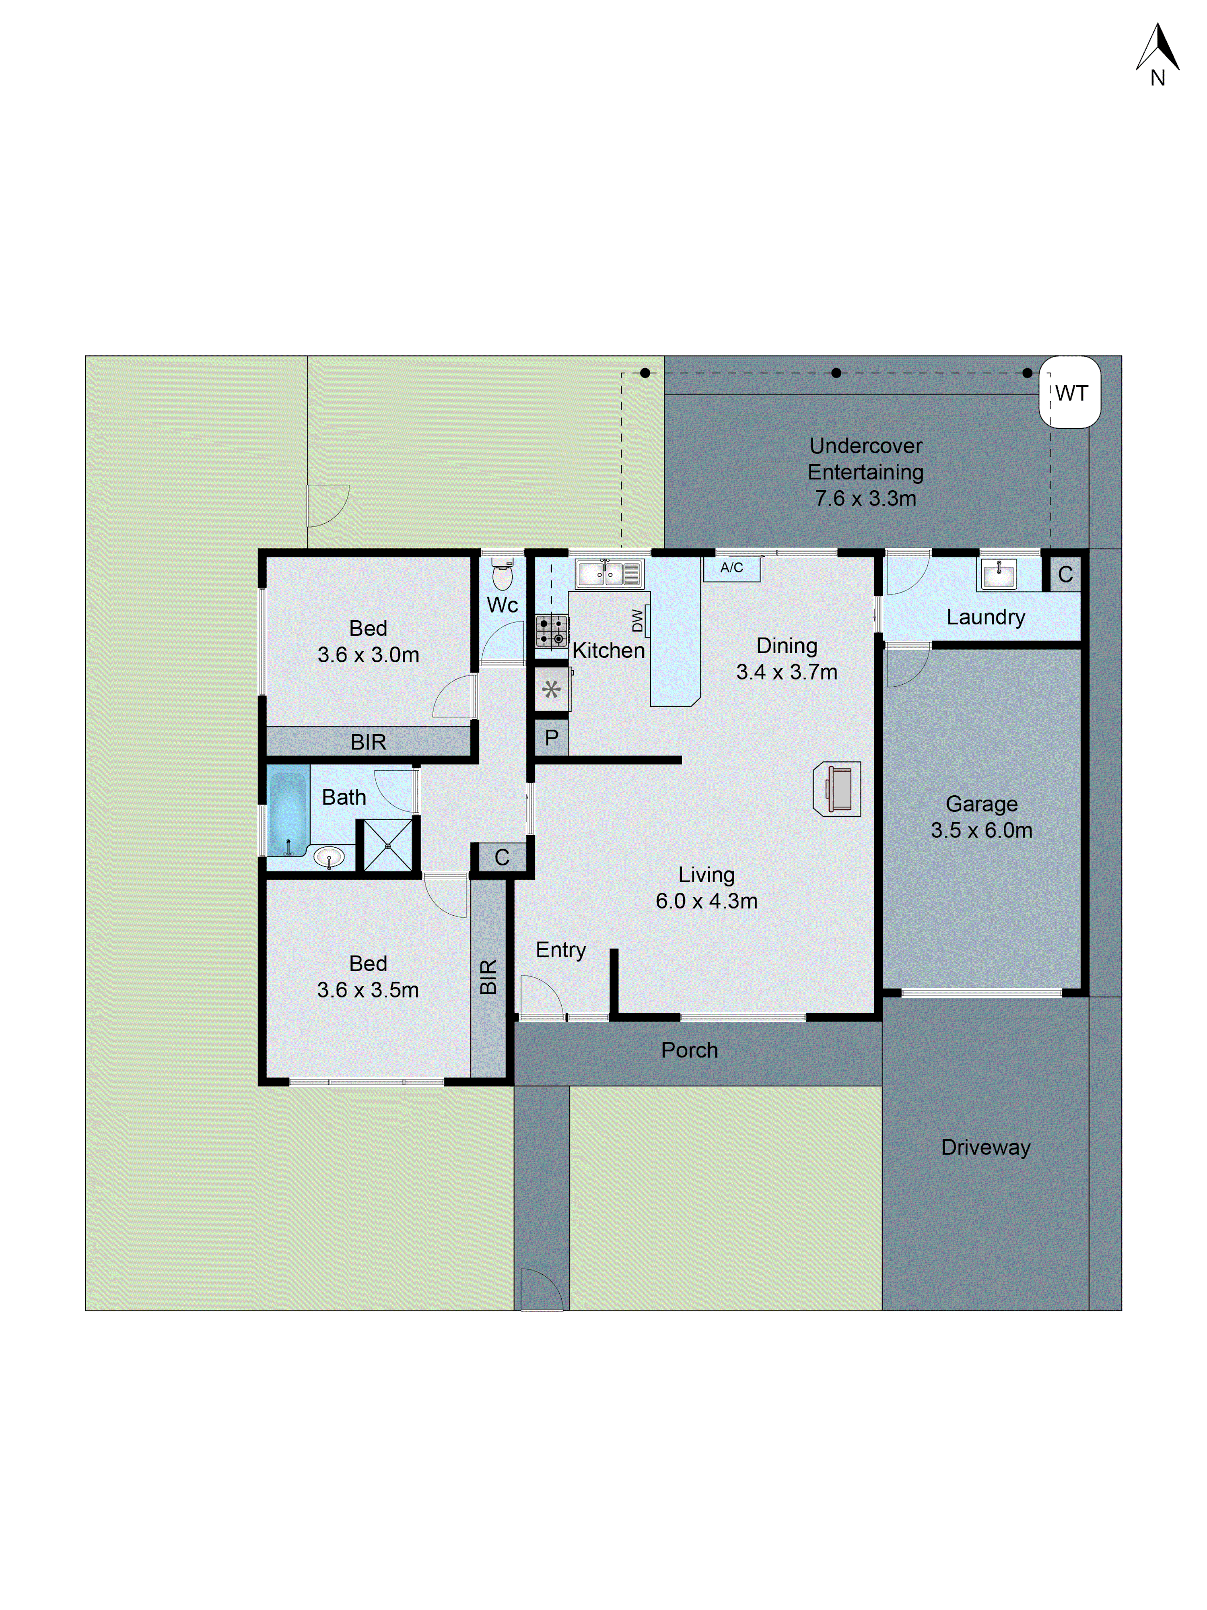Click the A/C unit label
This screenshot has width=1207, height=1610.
point(731,568)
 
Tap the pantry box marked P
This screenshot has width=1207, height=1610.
point(551,738)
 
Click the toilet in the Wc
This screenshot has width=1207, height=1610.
point(502,575)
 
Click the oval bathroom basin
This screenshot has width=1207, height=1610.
point(329,857)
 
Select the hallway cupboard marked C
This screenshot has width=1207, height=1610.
point(501,857)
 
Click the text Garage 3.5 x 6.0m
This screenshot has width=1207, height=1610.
point(981,817)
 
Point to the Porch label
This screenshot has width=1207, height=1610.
point(689,1050)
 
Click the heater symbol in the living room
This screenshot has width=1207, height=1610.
point(837,789)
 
